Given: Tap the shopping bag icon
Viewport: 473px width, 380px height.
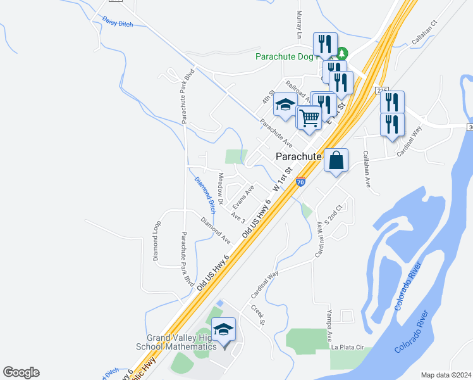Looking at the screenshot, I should (x=336, y=161).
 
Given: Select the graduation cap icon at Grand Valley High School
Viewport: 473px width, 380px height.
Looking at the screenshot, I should (x=223, y=331).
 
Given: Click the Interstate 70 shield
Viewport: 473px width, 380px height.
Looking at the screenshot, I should (x=301, y=182).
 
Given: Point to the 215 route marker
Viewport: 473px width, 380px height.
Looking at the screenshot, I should (x=381, y=91).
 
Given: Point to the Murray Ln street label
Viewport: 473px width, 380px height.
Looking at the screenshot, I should (x=298, y=26).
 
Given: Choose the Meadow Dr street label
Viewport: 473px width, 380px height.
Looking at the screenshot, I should (x=221, y=188).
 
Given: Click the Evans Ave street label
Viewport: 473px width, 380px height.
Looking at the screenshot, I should (x=243, y=197).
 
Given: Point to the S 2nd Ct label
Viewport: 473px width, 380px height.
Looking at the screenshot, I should (x=334, y=215).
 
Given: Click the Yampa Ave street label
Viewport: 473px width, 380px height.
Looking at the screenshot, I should (x=329, y=327).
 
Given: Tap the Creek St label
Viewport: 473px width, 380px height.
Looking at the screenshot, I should (x=256, y=315).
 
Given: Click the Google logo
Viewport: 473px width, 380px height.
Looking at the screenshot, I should (x=21, y=372).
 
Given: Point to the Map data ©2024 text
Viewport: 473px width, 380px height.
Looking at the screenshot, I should (x=446, y=375).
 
